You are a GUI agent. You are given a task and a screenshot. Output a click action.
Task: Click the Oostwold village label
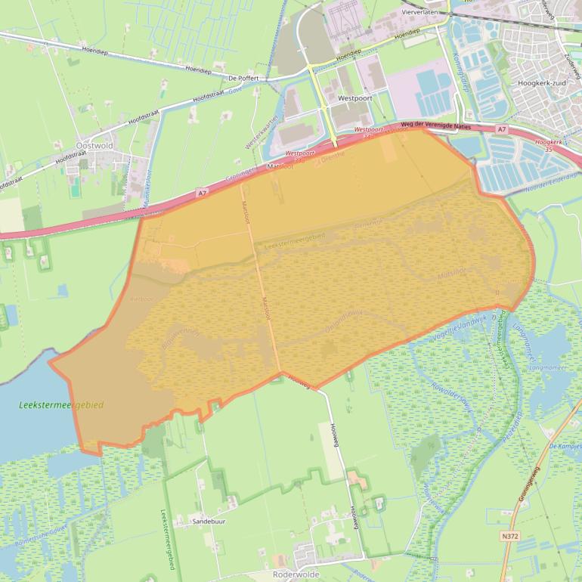tap(94, 144)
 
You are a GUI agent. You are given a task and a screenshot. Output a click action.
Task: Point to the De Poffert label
tap(243, 78)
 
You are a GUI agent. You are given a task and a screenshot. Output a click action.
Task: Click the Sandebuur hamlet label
tap(209, 522)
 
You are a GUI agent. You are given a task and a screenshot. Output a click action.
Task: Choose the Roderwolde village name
tap(299, 574)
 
